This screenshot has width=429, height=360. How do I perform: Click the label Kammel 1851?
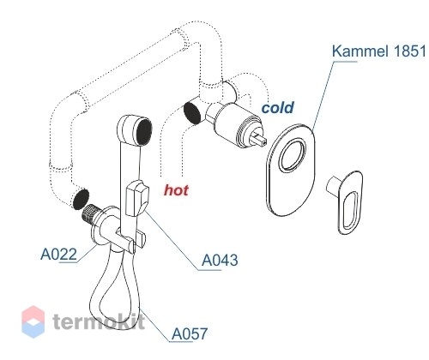(378, 51)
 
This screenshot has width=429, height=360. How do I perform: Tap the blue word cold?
(277, 108)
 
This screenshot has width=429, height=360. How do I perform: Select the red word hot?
(176, 190)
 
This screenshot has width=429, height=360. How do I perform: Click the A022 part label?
(59, 254)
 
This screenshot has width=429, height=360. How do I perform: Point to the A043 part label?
(220, 261)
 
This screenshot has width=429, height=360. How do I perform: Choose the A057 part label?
(190, 333)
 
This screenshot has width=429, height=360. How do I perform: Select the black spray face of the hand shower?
(144, 132)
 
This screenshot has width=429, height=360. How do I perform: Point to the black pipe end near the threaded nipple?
(81, 199)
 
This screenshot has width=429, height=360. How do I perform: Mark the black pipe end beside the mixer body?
(192, 113)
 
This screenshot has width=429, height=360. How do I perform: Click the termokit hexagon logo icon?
(33, 321)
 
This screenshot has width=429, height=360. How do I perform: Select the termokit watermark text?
(99, 321)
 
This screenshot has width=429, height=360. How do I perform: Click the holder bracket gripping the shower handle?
(130, 238)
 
